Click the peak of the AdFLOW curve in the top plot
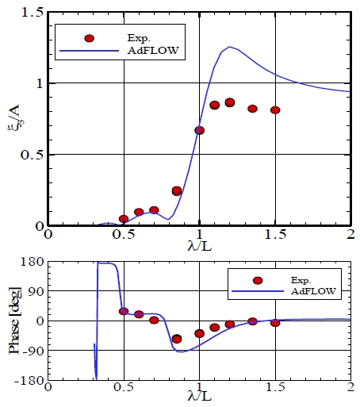[230, 47]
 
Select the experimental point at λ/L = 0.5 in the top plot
[124, 218]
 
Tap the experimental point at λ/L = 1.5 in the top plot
[275, 110]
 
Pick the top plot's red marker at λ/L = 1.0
[200, 130]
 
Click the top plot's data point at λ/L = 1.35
[252, 109]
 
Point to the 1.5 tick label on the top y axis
[33, 11]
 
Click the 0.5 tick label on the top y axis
[33, 154]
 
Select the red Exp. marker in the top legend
[89, 38]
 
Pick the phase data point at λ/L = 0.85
[177, 339]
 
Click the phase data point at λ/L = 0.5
[124, 311]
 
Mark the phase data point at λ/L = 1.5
[275, 323]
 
